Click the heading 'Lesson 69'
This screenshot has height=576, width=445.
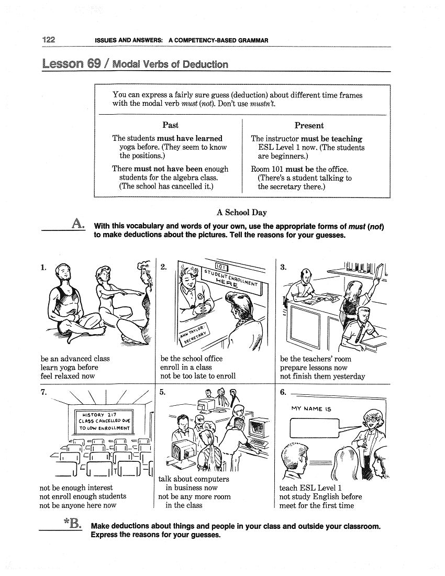pyautogui.click(x=70, y=64)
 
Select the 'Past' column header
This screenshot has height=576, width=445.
pyautogui.click(x=170, y=125)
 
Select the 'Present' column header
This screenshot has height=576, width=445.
pyautogui.click(x=309, y=126)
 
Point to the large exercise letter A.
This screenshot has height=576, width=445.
pyautogui.click(x=77, y=224)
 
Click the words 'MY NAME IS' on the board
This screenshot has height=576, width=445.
pyautogui.click(x=311, y=409)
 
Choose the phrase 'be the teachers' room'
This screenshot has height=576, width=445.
pyautogui.click(x=315, y=359)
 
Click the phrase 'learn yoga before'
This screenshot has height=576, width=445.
pyautogui.click(x=69, y=367)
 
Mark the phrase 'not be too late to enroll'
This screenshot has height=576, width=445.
pyautogui.click(x=198, y=375)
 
